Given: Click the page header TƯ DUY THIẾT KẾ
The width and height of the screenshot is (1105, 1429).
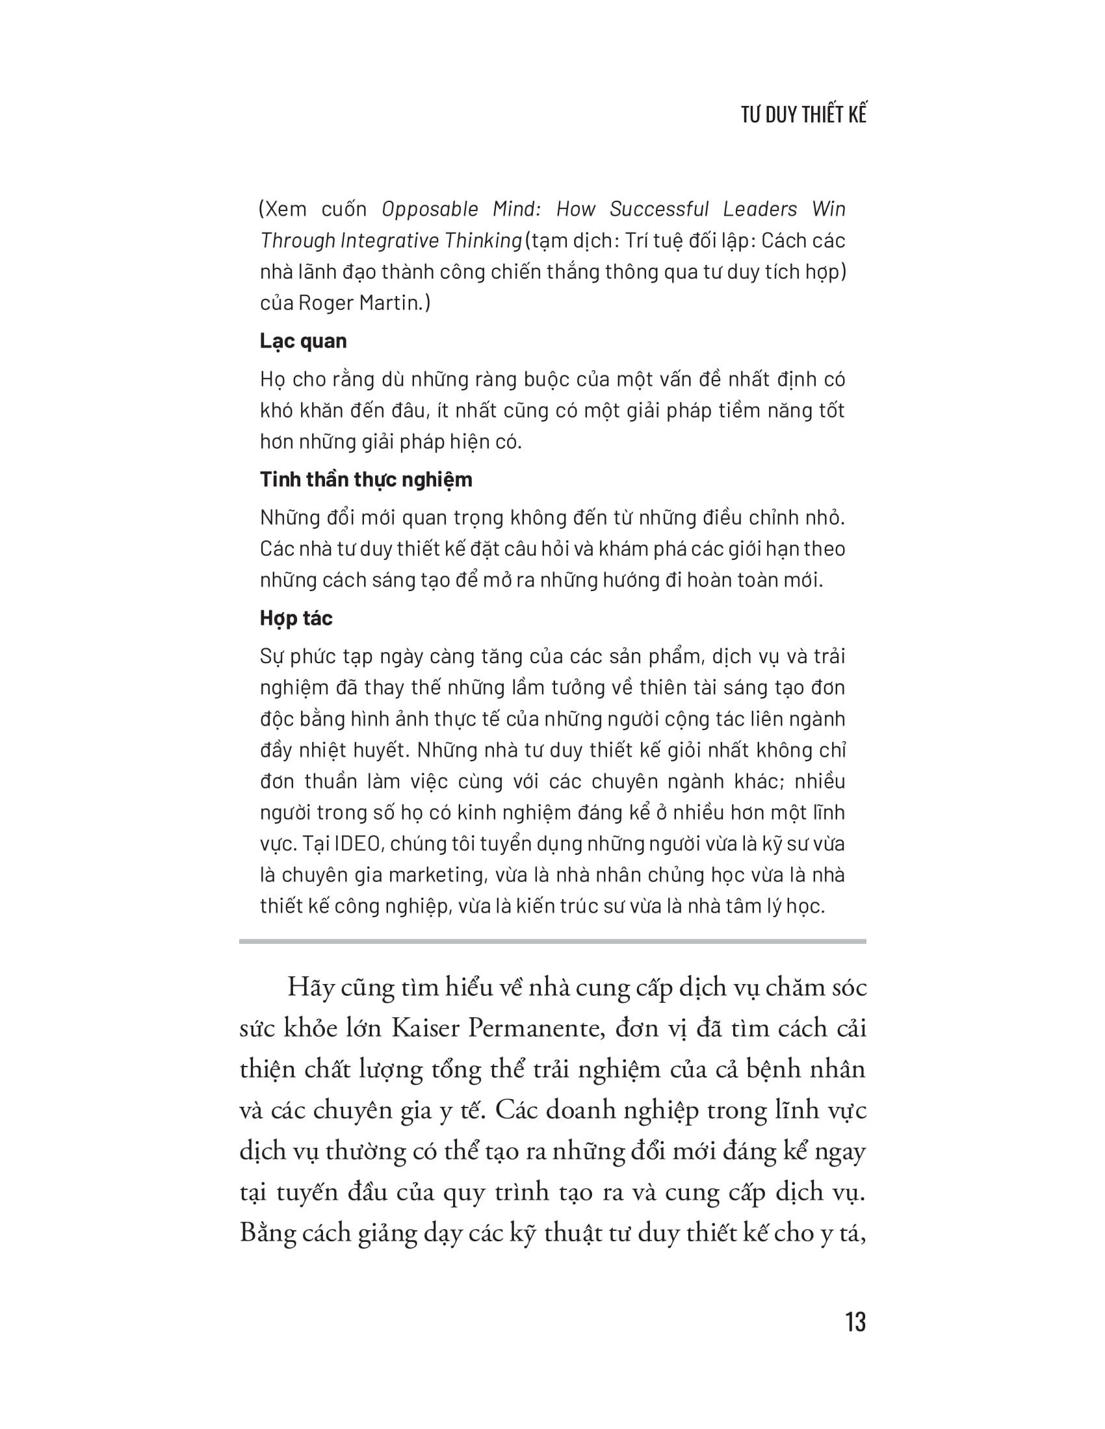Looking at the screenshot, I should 803,114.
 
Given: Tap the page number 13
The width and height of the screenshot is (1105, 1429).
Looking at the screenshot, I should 855,1322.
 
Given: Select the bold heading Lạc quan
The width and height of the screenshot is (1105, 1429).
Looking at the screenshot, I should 303,341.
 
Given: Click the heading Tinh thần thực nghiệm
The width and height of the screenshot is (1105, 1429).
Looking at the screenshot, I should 365,479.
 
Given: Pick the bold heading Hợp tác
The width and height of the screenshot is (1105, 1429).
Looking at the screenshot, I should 296,618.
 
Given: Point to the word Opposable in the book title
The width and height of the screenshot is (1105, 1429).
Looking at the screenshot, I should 430,209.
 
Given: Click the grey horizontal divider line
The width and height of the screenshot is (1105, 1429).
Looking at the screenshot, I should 552,942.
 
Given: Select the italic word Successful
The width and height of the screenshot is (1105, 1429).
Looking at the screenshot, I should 659,209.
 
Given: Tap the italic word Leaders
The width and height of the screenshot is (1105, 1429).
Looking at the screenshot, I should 760,209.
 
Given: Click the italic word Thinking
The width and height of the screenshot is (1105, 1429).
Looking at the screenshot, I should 483,241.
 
